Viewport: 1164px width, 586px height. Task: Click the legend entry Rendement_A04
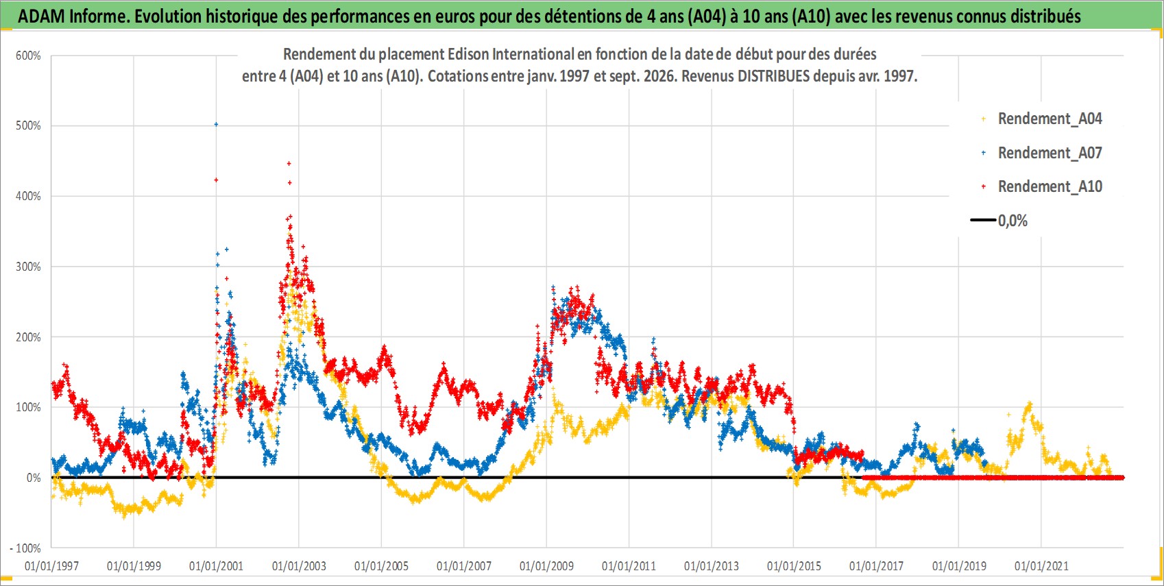click(1050, 119)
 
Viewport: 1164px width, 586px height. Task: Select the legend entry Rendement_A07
click(1050, 153)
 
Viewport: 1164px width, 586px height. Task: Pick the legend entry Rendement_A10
click(1050, 186)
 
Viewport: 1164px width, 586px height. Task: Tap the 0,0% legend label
click(1013, 221)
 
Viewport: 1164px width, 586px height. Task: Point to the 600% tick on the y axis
click(28, 56)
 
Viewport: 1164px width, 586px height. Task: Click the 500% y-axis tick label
click(28, 125)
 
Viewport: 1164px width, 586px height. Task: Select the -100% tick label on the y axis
click(25, 548)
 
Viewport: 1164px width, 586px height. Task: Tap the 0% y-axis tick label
click(34, 478)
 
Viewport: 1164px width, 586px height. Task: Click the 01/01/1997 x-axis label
click(51, 565)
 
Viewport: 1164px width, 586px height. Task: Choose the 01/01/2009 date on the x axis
click(546, 565)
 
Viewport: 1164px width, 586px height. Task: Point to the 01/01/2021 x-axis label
click(1041, 565)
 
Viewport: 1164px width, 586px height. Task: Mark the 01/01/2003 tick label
click(299, 565)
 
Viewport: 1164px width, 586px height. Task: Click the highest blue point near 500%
click(216, 124)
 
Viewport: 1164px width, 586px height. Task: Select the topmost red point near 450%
click(289, 164)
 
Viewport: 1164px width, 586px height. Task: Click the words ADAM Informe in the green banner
click(72, 16)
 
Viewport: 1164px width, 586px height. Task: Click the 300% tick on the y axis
click(28, 267)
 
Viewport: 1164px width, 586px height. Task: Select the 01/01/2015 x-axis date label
click(794, 565)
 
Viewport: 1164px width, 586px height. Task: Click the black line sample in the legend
click(983, 220)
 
